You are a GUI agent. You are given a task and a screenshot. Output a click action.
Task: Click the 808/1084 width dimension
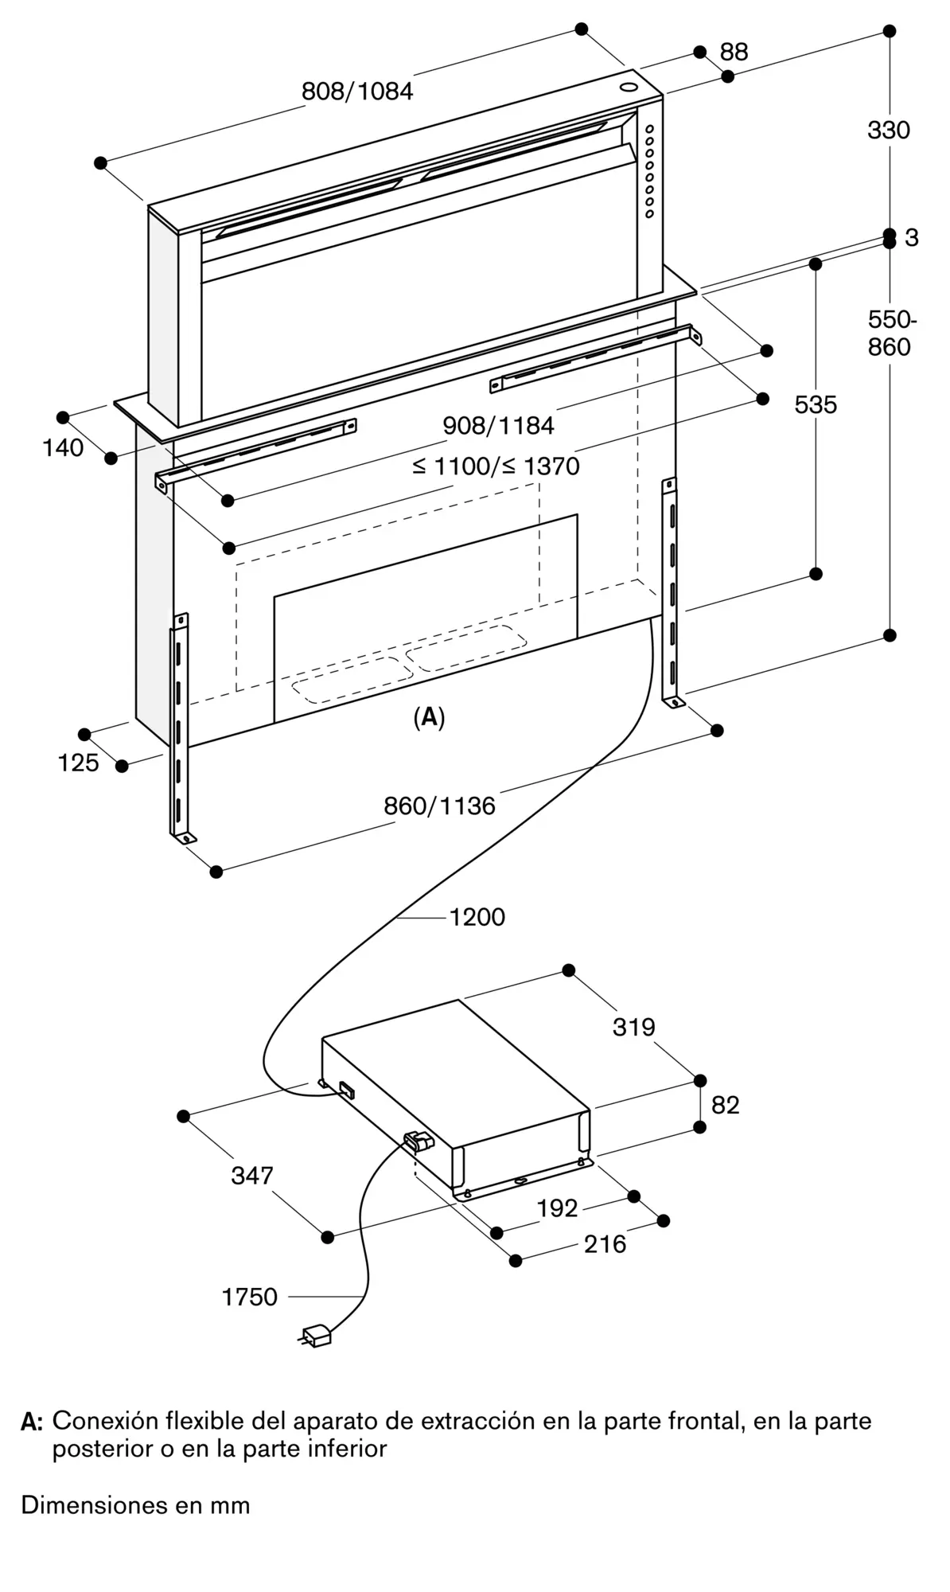[x=357, y=92]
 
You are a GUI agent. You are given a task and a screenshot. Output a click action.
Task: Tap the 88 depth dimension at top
[x=734, y=52]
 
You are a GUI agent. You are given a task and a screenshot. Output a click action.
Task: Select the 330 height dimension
[x=889, y=130]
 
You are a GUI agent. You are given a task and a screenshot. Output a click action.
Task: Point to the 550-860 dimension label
[x=891, y=333]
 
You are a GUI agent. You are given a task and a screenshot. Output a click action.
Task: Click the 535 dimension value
[x=816, y=405]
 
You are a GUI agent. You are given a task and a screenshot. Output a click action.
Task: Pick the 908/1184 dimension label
[x=498, y=426]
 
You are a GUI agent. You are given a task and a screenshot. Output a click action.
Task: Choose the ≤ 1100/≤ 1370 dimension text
[x=496, y=466]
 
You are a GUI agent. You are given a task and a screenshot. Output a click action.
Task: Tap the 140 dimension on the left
[x=63, y=448]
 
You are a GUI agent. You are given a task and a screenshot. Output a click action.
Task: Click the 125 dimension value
[x=78, y=763]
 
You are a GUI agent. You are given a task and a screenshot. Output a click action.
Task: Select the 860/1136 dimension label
[x=439, y=806]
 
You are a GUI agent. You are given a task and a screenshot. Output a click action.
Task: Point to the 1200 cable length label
[x=477, y=917]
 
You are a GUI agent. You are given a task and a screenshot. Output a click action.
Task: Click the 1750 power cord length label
[x=249, y=1297]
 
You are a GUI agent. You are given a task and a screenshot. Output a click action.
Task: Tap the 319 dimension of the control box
[x=634, y=1027]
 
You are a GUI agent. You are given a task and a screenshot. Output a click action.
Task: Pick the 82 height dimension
[x=725, y=1105]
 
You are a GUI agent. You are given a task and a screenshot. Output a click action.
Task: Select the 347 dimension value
[x=252, y=1175]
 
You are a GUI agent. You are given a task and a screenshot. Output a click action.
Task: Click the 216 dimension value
[x=605, y=1243]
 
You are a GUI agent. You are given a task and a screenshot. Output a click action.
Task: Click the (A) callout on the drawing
[x=429, y=717]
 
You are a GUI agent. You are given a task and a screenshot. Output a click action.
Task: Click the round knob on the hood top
[x=628, y=88]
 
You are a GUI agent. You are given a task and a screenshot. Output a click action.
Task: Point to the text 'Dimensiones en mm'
[x=135, y=1505]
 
